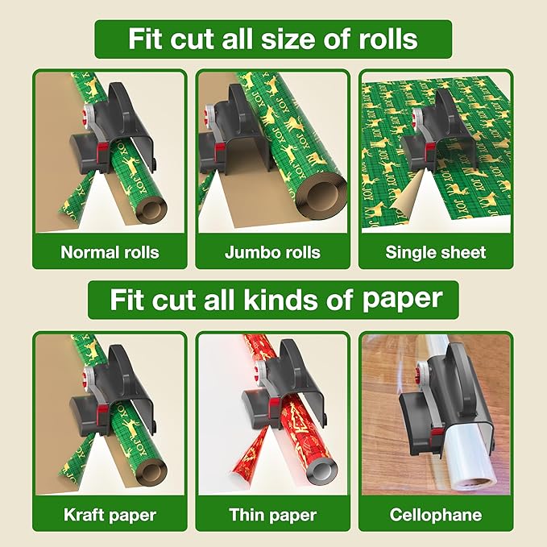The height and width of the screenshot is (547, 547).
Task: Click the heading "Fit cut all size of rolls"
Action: coord(273,39)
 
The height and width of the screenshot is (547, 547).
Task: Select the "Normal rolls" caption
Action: coord(110,252)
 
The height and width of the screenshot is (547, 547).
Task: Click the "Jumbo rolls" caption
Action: coord(272,252)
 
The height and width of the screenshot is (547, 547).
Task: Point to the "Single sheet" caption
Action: coord(436,252)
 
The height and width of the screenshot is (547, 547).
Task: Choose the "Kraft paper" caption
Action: coord(110,514)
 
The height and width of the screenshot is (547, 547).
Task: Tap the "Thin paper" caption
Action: coord(272,514)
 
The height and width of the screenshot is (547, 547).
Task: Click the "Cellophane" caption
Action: coord(436,514)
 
